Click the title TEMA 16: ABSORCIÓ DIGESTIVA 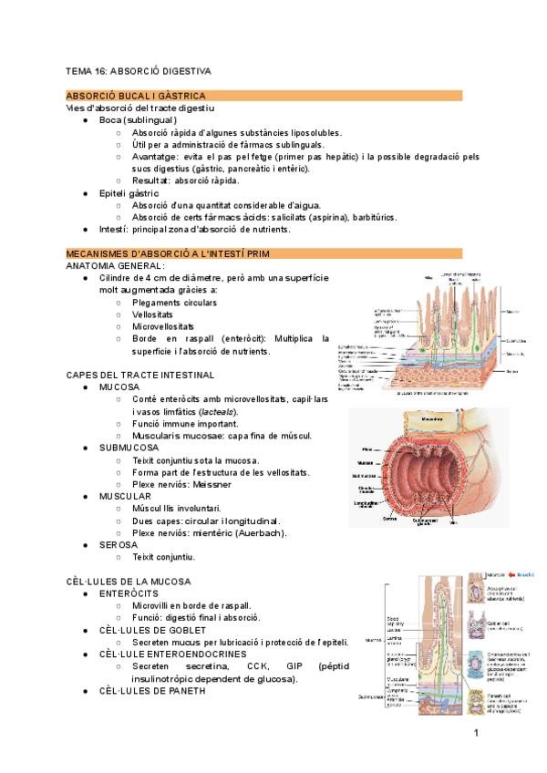click(x=139, y=70)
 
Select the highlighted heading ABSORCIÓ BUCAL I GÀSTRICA click(x=136, y=96)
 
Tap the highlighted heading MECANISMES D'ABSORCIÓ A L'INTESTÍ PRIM click(x=168, y=253)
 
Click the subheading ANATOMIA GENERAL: click(x=116, y=265)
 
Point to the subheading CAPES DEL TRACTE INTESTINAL click(x=140, y=375)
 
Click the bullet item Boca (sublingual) click(x=138, y=120)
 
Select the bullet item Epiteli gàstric click(x=129, y=193)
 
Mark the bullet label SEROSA click(x=119, y=544)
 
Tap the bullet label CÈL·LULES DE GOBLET click(x=152, y=630)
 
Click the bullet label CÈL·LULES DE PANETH click(x=152, y=690)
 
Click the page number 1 click(x=475, y=734)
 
